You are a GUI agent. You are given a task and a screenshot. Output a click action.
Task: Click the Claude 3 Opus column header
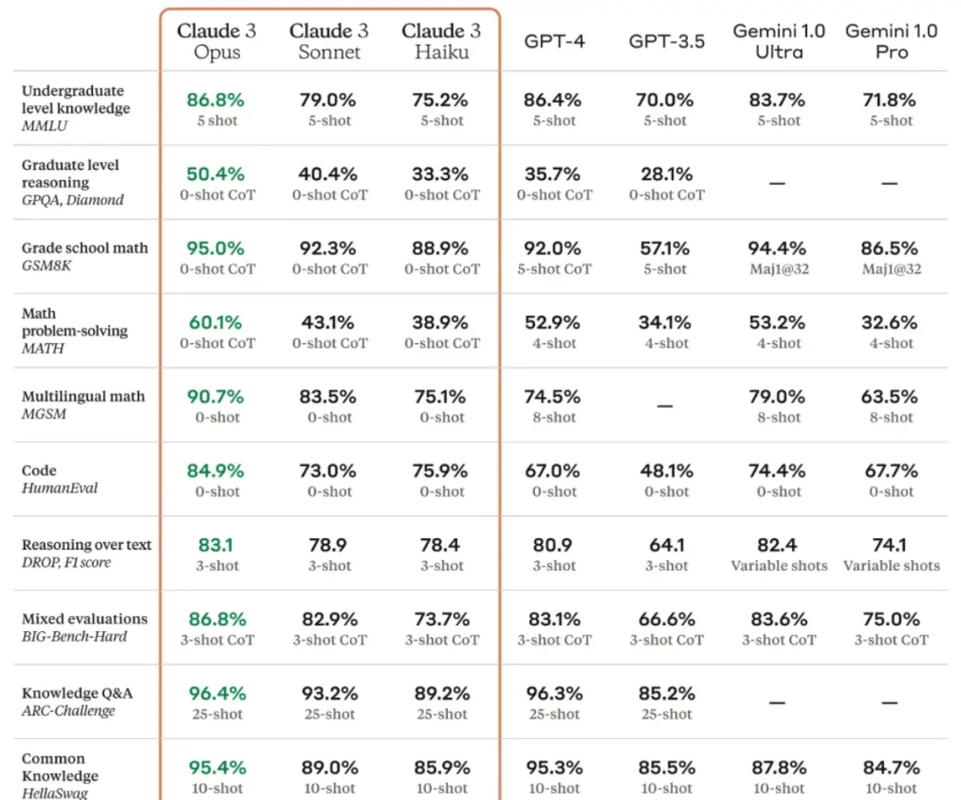(217, 41)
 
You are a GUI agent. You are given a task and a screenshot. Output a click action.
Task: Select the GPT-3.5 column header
(666, 41)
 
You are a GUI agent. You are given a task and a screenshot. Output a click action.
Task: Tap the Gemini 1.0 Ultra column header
(779, 41)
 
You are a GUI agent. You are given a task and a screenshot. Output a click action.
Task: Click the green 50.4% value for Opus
(217, 174)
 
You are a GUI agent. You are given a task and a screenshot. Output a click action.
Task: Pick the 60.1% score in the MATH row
(217, 323)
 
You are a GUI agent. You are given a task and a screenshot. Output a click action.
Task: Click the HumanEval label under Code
(59, 488)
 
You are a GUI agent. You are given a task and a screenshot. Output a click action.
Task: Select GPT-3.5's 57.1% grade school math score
(666, 249)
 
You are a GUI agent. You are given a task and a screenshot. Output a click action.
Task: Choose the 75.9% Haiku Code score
(442, 471)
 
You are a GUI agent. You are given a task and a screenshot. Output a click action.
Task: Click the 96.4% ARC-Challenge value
(217, 694)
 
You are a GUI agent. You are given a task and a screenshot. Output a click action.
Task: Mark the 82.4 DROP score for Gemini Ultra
(779, 545)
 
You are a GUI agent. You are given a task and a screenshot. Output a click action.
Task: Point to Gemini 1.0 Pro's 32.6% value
(891, 323)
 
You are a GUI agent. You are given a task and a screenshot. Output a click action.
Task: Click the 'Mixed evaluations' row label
(84, 619)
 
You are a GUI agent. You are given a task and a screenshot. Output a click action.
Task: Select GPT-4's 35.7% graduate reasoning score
(554, 174)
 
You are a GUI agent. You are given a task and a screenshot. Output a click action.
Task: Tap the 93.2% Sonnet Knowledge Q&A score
(329, 694)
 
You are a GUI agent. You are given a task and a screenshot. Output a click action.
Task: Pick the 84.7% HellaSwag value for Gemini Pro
(891, 768)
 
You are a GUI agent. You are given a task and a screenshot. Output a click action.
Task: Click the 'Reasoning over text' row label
(86, 545)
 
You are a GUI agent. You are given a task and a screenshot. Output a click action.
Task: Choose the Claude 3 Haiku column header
(442, 41)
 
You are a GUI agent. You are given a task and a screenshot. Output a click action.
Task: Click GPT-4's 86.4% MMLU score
(554, 99)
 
